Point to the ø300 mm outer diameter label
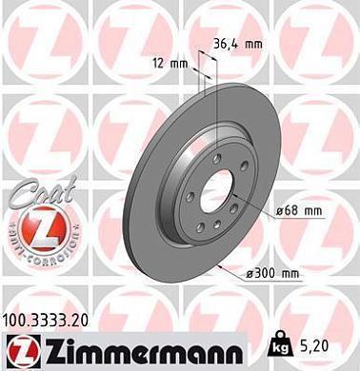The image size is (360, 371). click(271, 273)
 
